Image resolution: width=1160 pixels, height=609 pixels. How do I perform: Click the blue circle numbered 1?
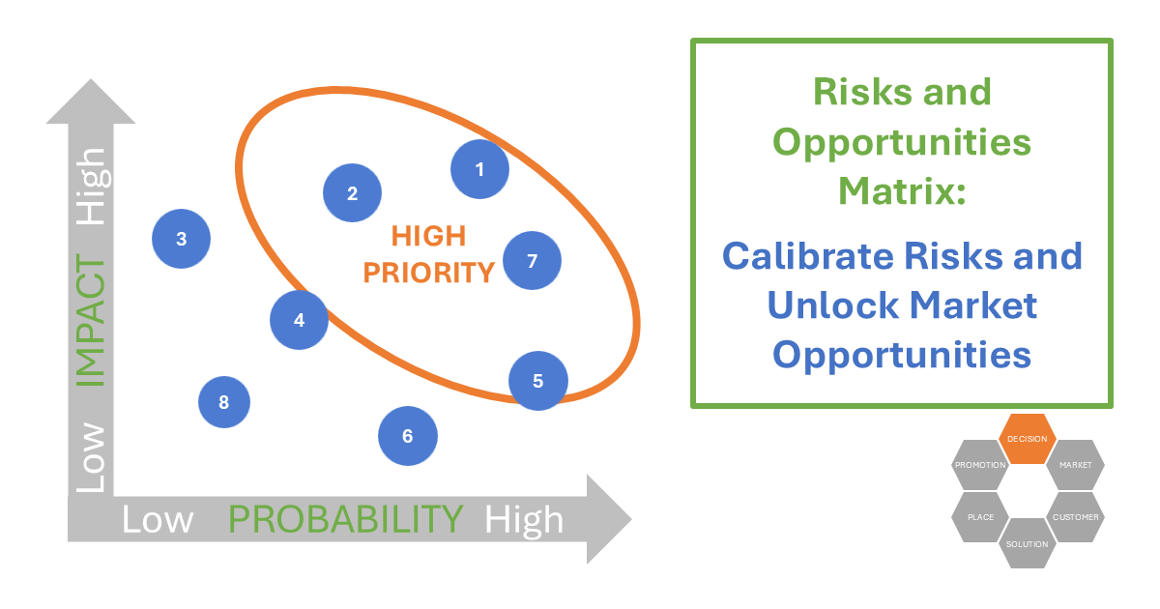pyautogui.click(x=480, y=169)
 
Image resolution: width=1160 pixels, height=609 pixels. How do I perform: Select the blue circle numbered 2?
pyautogui.click(x=352, y=193)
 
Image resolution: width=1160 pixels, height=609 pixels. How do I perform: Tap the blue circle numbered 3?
pyautogui.click(x=182, y=238)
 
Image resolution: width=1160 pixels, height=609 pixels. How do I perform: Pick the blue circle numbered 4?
pyautogui.click(x=299, y=320)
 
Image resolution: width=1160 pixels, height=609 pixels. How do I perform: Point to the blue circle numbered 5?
pyautogui.click(x=538, y=381)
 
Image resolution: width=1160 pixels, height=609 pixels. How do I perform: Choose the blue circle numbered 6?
pyautogui.click(x=407, y=436)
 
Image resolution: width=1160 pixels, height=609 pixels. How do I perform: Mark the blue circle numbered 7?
pyautogui.click(x=532, y=261)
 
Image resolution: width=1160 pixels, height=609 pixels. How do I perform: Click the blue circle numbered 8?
pyautogui.click(x=224, y=402)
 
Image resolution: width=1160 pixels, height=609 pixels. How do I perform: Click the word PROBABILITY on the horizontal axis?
pyautogui.click(x=346, y=520)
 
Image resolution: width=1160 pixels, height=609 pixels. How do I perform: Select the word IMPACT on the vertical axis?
pyautogui.click(x=91, y=322)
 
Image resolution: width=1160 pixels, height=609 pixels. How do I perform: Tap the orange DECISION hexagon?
pyautogui.click(x=1027, y=439)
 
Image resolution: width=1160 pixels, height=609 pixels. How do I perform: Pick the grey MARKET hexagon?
pyautogui.click(x=1075, y=465)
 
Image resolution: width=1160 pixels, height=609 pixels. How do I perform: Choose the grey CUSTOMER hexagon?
pyautogui.click(x=1075, y=517)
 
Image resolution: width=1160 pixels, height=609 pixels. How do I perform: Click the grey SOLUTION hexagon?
pyautogui.click(x=1027, y=544)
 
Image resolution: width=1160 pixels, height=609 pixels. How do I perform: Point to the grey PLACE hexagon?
pyautogui.click(x=980, y=517)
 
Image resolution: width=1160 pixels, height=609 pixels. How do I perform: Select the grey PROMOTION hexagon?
pyautogui.click(x=980, y=465)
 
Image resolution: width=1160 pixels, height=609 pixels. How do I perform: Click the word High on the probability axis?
pyautogui.click(x=524, y=520)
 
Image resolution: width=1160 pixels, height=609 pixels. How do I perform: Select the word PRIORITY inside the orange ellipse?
pyautogui.click(x=428, y=273)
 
